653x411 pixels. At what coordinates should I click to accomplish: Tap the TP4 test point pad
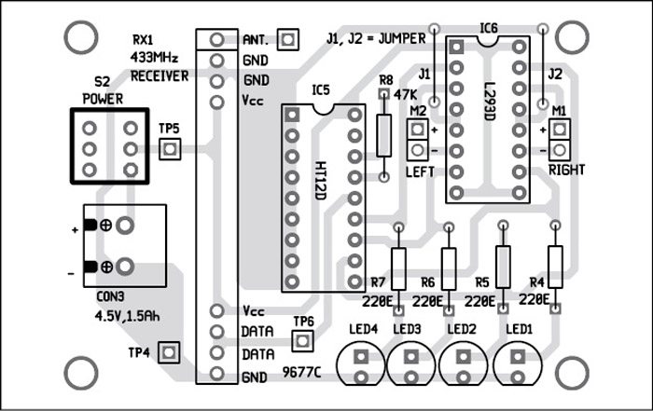pyautogui.click(x=169, y=352)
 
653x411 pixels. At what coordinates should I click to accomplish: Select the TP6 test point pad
pyautogui.click(x=301, y=341)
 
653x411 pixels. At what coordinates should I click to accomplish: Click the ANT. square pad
pyautogui.click(x=287, y=39)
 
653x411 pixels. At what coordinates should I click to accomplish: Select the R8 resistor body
pyautogui.click(x=382, y=135)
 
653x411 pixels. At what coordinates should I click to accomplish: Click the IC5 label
pyautogui.click(x=321, y=90)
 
